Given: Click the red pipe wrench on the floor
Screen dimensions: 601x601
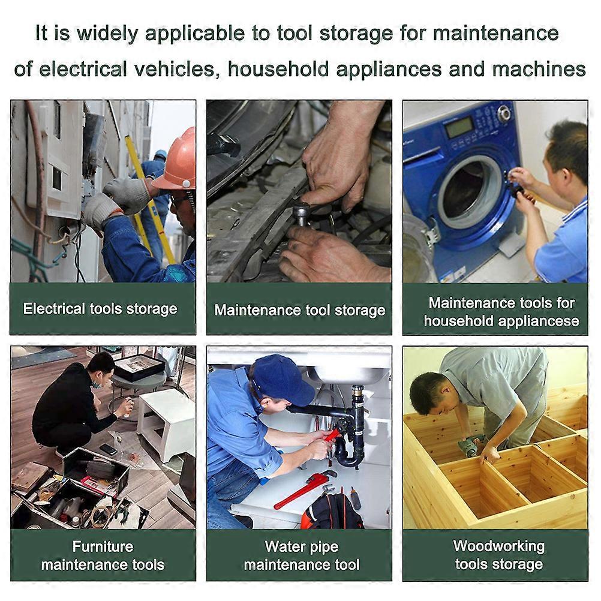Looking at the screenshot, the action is (303, 489).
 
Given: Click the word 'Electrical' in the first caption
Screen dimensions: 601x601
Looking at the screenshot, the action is (53, 308).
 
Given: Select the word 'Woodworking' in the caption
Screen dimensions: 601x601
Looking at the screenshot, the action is (498, 546).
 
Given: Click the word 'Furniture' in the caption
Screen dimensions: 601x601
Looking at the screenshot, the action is (103, 546).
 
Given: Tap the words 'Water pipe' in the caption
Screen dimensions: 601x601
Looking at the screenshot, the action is (302, 546).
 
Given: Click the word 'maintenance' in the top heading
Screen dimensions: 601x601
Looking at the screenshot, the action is (496, 34).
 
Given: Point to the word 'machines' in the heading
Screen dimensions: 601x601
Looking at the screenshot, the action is (539, 70).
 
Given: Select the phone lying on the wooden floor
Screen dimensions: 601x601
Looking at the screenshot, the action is (108, 449).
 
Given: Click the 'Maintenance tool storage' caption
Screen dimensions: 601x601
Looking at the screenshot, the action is (300, 310).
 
